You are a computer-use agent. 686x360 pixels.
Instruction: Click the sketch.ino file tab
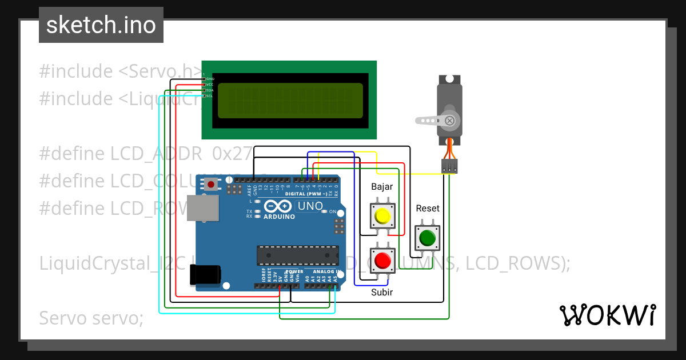101,25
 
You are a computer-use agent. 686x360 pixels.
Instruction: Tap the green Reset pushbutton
427,238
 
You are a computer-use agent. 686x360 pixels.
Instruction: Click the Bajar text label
382,187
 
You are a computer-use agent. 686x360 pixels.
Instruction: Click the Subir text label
382,292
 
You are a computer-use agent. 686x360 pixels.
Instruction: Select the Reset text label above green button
428,209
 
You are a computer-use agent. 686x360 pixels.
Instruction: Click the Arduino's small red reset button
212,185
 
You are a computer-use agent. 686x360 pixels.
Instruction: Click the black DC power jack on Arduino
205,274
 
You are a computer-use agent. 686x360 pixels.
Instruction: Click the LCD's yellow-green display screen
290,101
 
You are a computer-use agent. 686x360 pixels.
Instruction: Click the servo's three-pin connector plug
449,166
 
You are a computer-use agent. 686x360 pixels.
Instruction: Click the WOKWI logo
607,315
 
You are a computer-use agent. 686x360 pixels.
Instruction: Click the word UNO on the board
311,206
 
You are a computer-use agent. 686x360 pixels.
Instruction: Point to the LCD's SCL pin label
209,96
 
